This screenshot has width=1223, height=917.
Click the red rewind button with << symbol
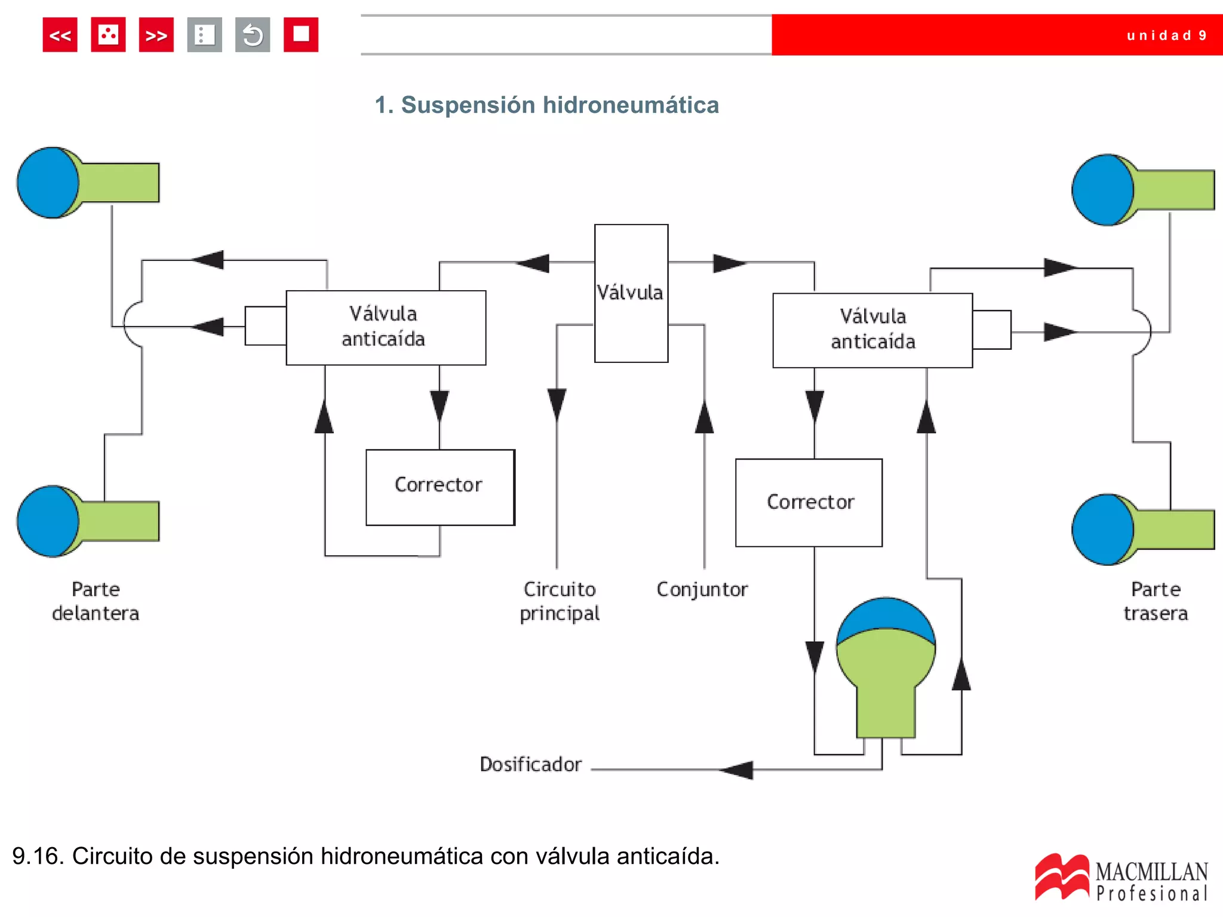tap(60, 35)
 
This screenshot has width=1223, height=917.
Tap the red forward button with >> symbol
tap(156, 35)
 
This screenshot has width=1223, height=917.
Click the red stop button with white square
tap(300, 35)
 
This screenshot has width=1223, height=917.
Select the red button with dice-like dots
tap(108, 35)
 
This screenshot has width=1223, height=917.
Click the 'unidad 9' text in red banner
tap(1166, 36)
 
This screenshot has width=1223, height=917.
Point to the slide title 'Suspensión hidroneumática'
tap(546, 105)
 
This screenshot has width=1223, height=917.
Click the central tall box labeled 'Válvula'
tap(631, 293)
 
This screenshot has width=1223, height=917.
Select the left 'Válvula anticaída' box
tap(386, 327)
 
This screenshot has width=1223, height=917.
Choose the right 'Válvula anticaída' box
tap(872, 330)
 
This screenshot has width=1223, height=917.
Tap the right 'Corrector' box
tap(809, 503)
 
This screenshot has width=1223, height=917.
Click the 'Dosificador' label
tap(530, 764)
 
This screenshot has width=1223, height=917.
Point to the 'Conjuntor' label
tap(702, 589)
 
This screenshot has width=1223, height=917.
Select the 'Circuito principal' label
tap(560, 601)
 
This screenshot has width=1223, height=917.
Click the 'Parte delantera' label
tap(96, 601)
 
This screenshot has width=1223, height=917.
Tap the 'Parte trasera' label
tap(1156, 601)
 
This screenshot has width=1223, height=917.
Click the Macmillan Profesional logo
tap(1121, 878)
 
